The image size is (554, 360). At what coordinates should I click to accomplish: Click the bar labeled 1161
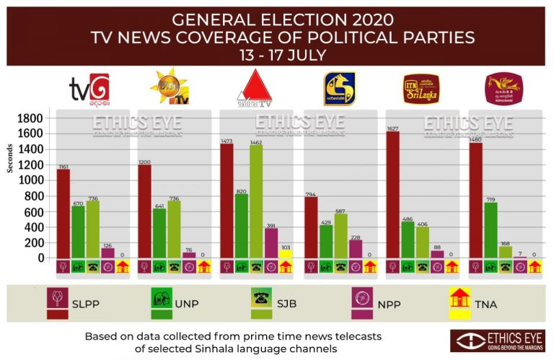tap(63, 213)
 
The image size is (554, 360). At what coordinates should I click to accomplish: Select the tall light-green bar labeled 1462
tap(255, 201)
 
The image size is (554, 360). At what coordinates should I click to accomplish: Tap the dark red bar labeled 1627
tap(393, 194)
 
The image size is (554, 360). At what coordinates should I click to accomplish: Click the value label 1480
tap(476, 139)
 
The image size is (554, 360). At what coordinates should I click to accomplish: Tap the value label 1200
tap(145, 161)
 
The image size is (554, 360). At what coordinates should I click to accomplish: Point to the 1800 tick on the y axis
tap(32, 118)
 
